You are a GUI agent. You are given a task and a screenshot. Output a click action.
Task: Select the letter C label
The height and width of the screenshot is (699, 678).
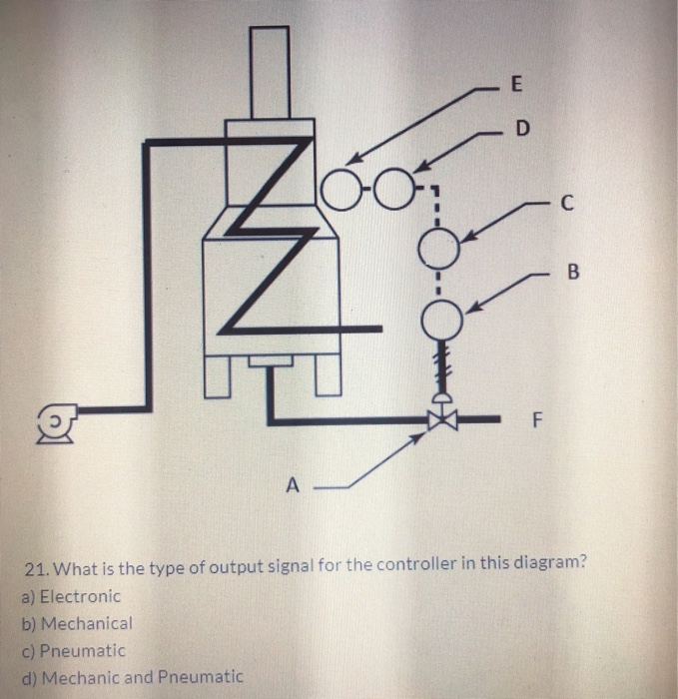566,205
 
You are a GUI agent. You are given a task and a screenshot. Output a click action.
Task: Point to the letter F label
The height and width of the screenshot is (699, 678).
536,420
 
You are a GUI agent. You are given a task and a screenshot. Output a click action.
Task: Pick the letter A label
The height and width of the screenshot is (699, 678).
292,486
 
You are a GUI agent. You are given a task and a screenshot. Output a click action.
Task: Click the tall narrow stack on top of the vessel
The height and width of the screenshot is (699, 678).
268,73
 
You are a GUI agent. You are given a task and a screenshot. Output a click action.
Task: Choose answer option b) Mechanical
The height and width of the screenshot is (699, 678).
76,623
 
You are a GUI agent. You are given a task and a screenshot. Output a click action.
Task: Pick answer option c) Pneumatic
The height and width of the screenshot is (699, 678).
73,650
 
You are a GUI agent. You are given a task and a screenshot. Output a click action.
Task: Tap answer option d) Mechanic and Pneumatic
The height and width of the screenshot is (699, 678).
131,677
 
